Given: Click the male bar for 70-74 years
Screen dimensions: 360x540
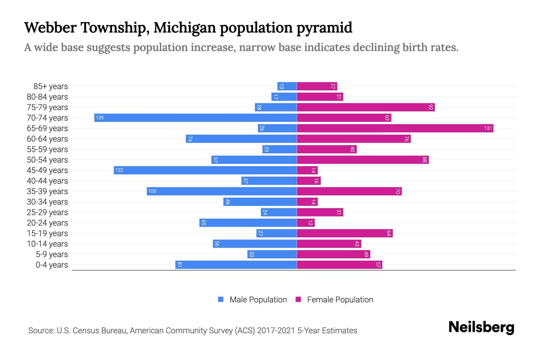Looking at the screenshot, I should (195, 118).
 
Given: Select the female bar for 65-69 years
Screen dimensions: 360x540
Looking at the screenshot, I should (395, 128).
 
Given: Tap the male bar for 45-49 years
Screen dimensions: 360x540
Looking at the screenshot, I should (205, 170).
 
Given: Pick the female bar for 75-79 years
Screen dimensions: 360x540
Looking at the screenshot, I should (365, 107).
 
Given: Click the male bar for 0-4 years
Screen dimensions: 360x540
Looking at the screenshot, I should (236, 265).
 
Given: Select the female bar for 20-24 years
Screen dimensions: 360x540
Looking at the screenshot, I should (305, 223).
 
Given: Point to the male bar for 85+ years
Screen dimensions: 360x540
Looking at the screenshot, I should (287, 86).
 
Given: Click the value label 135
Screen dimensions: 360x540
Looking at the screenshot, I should (100, 118).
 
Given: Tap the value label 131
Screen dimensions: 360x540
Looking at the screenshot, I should (488, 128).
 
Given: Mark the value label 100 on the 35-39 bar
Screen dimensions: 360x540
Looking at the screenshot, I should (152, 191).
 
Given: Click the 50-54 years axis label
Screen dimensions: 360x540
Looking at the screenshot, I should (47, 160).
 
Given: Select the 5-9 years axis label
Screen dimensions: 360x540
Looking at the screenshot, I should (52, 254).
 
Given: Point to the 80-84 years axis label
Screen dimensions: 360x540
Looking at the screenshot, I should (47, 97).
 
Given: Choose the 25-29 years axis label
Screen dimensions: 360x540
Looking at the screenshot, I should (47, 212).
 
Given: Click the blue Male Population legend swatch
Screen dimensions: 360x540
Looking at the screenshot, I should (221, 299).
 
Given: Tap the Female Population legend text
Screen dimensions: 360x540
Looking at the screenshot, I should (340, 299).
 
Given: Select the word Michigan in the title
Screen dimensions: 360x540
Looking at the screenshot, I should (184, 28).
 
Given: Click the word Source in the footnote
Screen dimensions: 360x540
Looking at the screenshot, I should (41, 331).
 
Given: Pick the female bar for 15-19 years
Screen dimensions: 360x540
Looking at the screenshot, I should (344, 233).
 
